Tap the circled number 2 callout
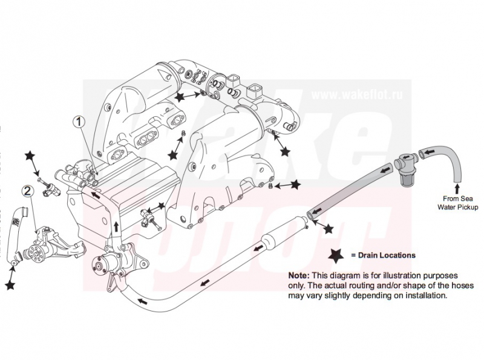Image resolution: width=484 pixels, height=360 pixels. pyautogui.click(x=28, y=191)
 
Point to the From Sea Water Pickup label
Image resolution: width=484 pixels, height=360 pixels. pyautogui.click(x=458, y=203)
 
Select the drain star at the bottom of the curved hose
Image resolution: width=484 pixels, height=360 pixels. pyautogui.click(x=10, y=283)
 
